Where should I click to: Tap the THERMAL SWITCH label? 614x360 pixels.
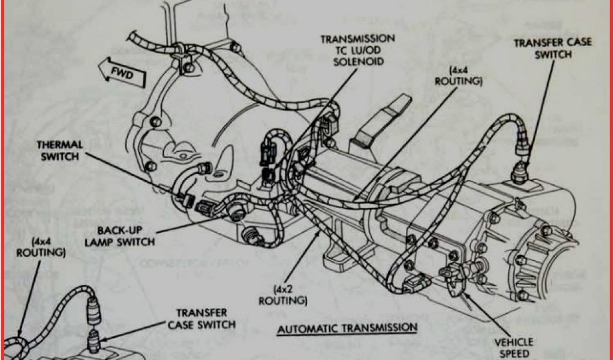click(x=59, y=151)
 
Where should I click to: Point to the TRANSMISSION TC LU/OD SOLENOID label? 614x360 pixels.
click(x=357, y=50)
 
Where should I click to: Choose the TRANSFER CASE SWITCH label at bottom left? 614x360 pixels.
click(x=201, y=319)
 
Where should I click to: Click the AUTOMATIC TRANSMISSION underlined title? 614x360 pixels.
click(x=347, y=328)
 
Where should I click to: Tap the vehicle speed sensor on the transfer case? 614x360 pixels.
click(x=453, y=277)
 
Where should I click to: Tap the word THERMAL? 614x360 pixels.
click(x=59, y=145)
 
